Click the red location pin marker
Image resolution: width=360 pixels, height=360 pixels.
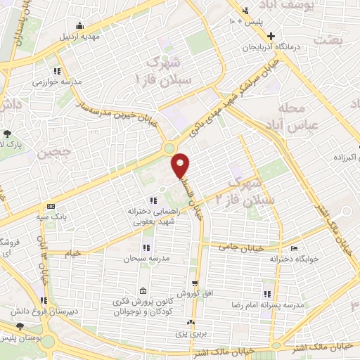click(181, 165)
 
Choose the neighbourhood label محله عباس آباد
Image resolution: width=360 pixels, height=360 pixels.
click(302, 117)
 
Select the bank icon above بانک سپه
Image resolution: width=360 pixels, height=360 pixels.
click(50, 206)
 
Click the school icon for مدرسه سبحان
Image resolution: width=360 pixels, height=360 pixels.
click(146, 247)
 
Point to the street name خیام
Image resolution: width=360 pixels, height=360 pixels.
click(72, 252)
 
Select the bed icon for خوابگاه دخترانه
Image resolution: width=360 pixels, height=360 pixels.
click(295, 248)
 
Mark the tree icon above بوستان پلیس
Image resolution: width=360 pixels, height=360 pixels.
click(20, 326)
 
